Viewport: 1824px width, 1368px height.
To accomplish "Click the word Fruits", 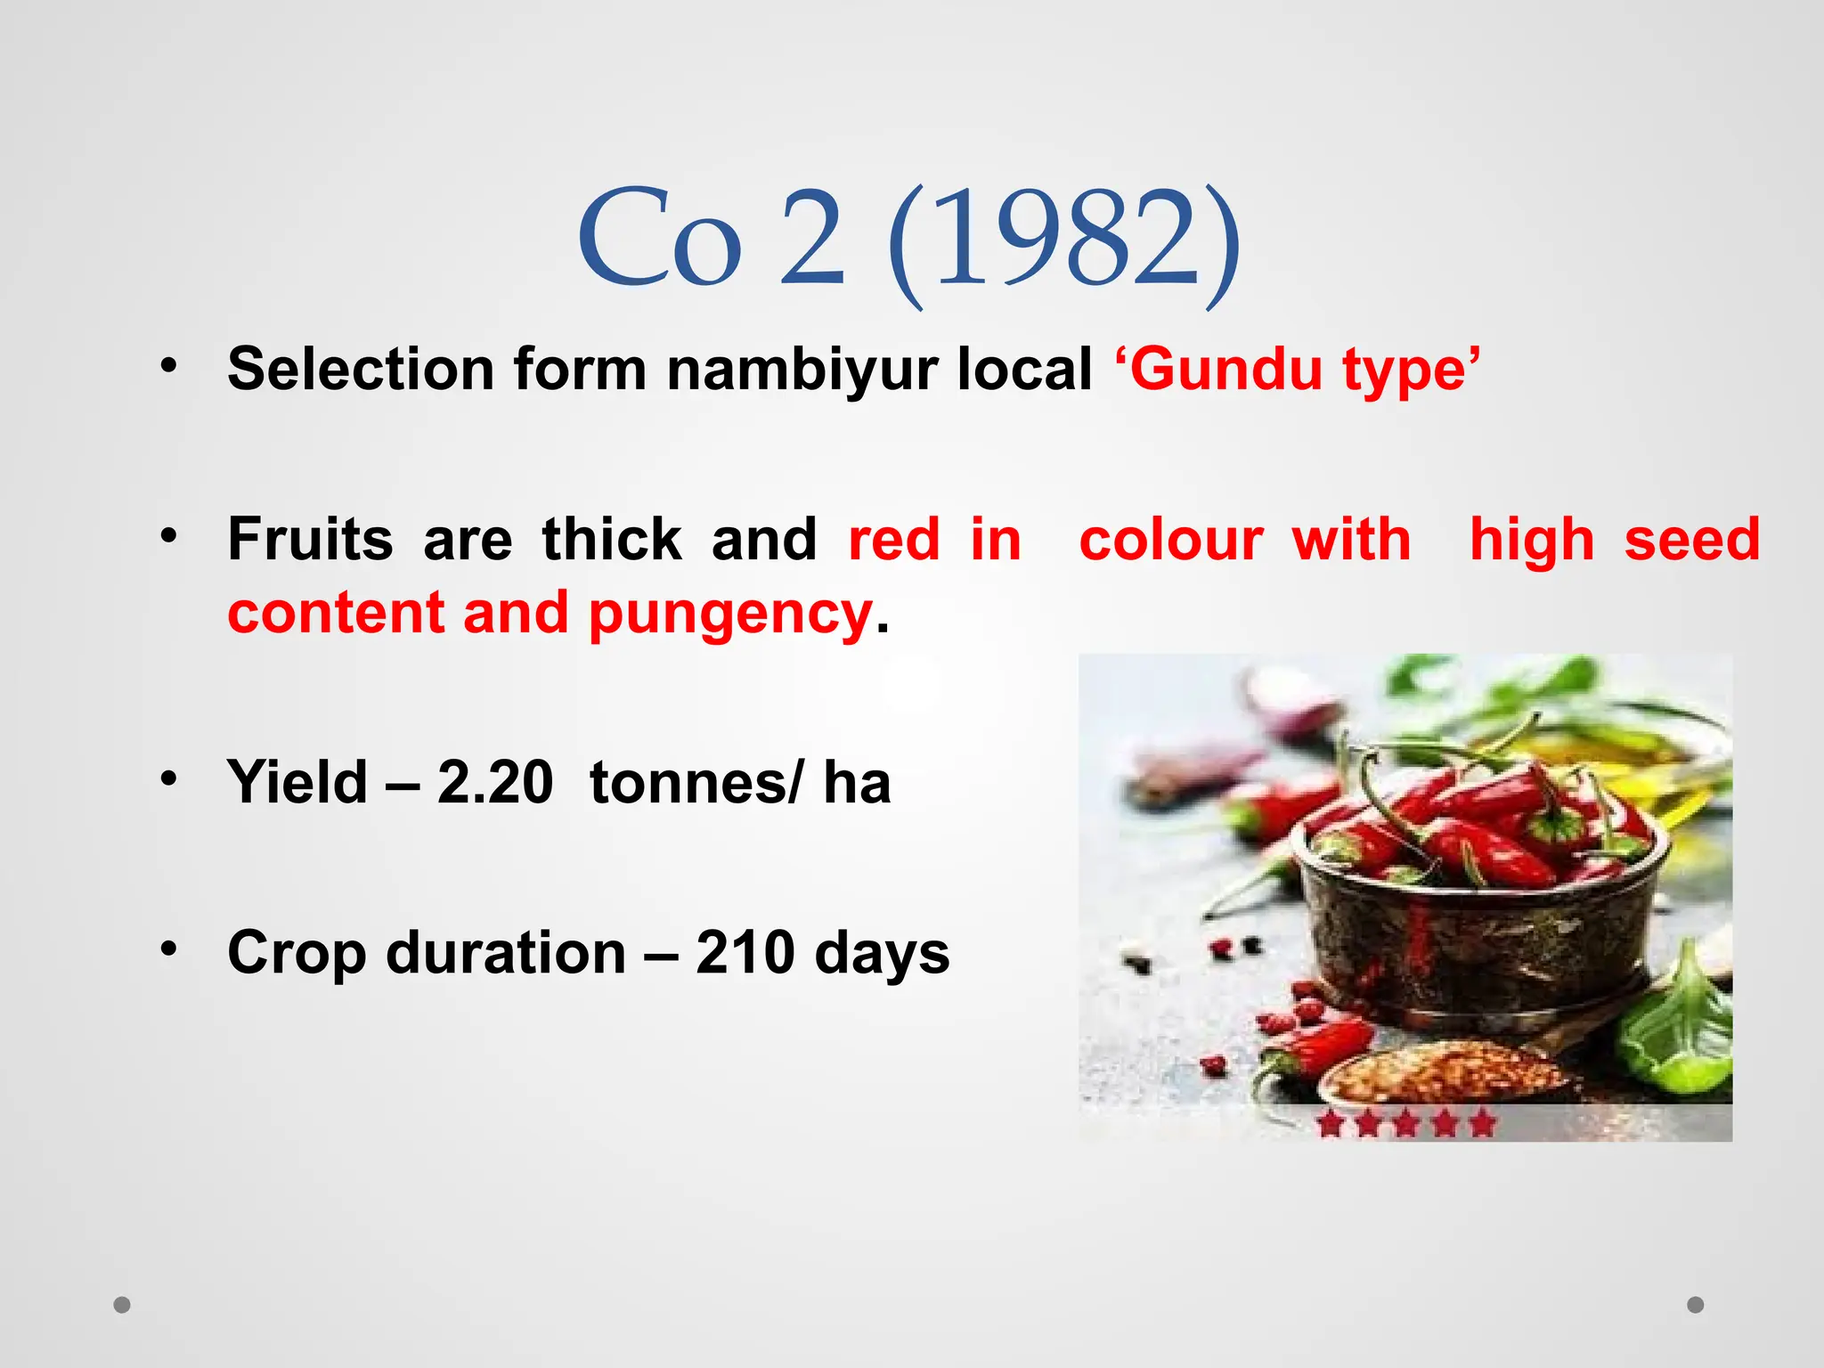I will (x=310, y=540).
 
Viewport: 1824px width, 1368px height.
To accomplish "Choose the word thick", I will (x=612, y=540).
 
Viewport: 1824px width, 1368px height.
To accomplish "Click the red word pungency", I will (x=730, y=614).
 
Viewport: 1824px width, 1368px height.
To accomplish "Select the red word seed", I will (x=1691, y=540).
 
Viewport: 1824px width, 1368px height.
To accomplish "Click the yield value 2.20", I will (x=495, y=783).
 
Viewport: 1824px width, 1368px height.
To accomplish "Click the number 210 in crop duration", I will (x=745, y=953).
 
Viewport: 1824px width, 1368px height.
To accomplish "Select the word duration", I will (x=507, y=953).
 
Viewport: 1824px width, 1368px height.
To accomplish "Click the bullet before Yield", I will (x=168, y=779).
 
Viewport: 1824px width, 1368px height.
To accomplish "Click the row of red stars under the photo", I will (x=1405, y=1124).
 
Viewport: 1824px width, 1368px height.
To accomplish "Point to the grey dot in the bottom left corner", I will (x=122, y=1305).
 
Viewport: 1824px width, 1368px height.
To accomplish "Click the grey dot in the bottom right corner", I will (x=1696, y=1305).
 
